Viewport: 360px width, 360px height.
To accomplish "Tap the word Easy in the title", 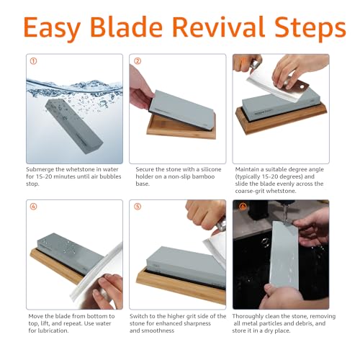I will [60, 29].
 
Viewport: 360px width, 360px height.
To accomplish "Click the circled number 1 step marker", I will [32, 60].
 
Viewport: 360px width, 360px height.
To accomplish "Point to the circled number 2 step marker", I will [137, 60].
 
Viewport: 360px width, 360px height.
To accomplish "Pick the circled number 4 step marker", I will [32, 207].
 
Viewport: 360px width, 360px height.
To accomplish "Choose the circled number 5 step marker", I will [137, 207].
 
